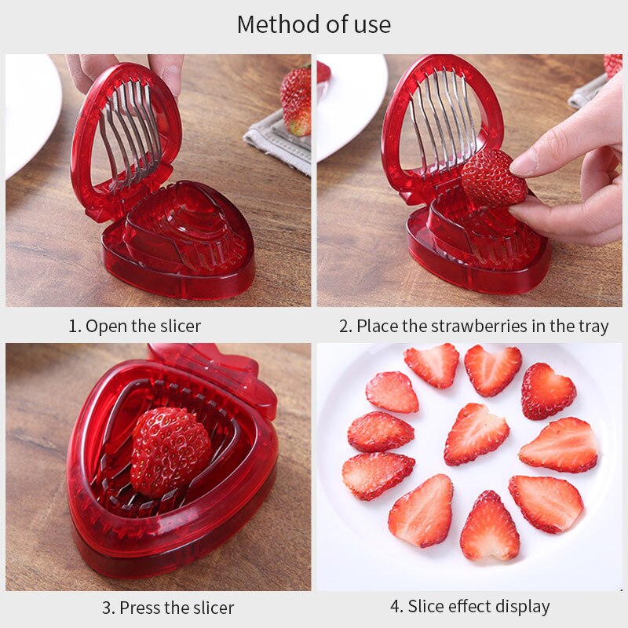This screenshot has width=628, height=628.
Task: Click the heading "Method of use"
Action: point(313,24)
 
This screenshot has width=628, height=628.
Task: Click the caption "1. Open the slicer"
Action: point(134,326)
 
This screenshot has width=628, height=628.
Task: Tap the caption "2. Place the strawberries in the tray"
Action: point(473,326)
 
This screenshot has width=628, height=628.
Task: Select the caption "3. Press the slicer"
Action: point(168,607)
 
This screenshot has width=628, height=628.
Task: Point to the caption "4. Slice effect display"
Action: point(469,606)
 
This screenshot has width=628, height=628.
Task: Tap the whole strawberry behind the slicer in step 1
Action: point(296,100)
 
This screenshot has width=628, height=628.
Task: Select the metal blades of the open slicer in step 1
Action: point(130,130)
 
